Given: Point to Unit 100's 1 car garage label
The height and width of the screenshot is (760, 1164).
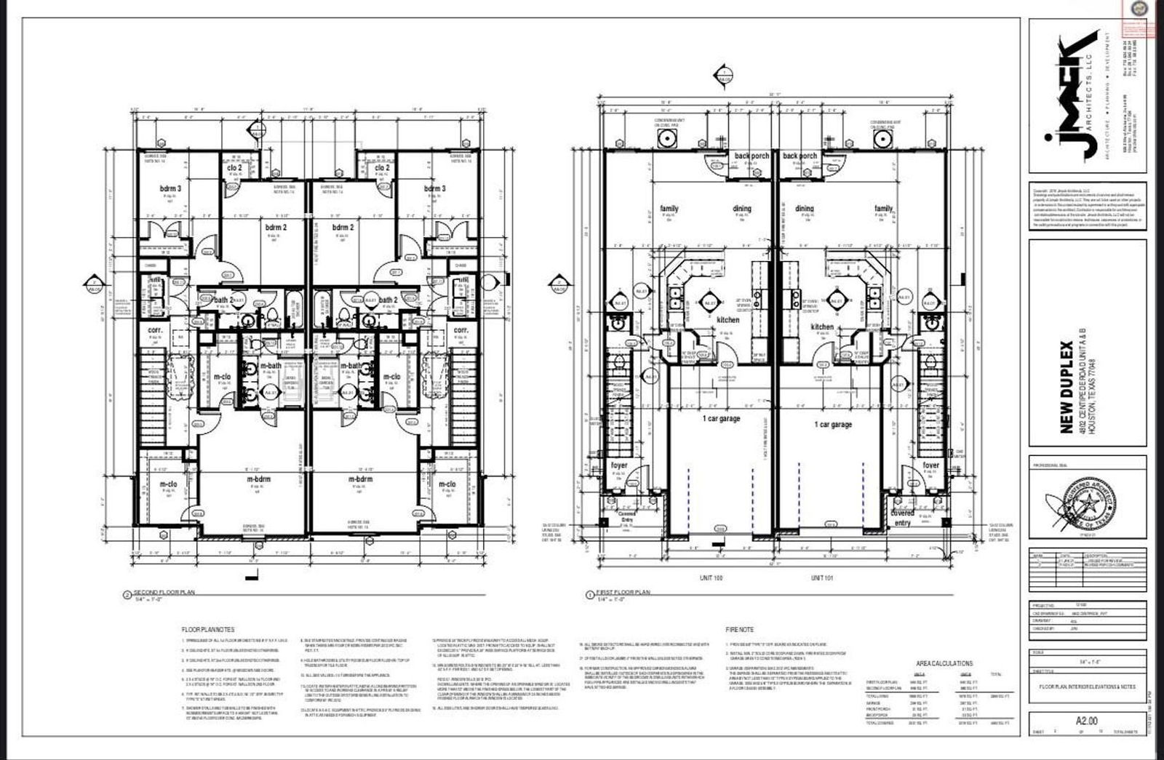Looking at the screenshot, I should [x=721, y=419].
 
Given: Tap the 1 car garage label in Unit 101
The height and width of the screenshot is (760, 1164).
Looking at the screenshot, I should [x=832, y=424].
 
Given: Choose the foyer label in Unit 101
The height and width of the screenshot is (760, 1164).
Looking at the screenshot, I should [x=930, y=465].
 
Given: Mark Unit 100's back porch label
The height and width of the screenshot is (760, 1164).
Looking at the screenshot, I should [x=752, y=156].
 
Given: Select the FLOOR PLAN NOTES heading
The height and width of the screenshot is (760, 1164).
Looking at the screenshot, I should [x=207, y=628].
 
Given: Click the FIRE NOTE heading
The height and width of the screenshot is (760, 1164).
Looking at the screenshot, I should [x=739, y=629].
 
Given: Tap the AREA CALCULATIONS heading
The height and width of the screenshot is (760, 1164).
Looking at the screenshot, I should [x=944, y=663].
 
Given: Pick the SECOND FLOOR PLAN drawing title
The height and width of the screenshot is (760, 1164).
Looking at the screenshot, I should [x=164, y=592].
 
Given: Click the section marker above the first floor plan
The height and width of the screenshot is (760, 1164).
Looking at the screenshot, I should [x=722, y=73].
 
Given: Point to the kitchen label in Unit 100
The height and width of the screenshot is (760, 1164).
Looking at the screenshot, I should [x=727, y=319].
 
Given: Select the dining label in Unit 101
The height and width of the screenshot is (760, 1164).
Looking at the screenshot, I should [x=804, y=209].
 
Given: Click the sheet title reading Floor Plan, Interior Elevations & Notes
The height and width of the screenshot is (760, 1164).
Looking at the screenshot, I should [x=1086, y=686].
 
